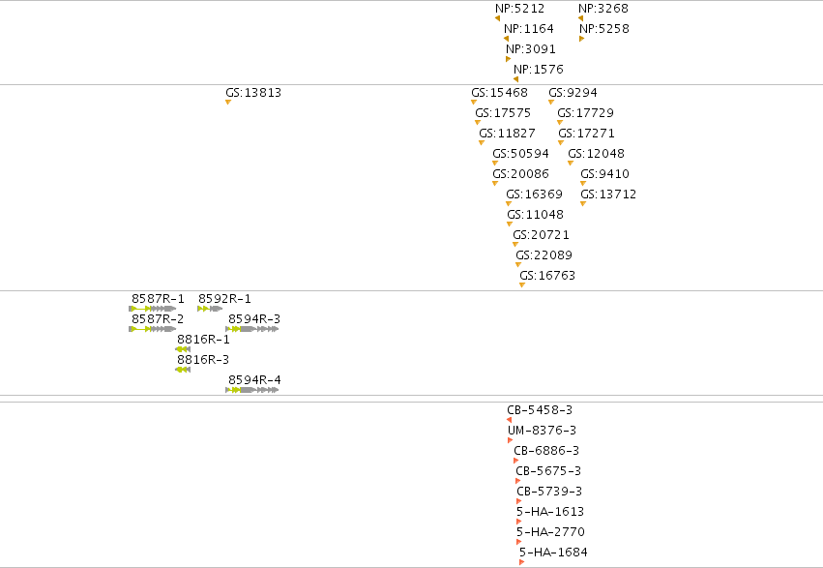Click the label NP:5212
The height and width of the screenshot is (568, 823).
point(519,9)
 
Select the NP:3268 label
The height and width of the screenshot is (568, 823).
point(603,9)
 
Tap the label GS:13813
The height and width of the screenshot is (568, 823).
point(253,93)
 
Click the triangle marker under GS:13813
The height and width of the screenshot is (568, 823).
point(228,103)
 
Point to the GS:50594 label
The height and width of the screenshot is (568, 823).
point(520,154)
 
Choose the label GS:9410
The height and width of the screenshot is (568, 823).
point(604,174)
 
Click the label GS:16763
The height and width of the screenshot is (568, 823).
point(547,276)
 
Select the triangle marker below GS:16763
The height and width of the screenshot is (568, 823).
point(522,285)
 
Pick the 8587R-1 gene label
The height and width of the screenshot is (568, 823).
point(158,299)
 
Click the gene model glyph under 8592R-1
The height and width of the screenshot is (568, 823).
point(210,309)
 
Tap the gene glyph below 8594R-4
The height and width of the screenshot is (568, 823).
point(252,390)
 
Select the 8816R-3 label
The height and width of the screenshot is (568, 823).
point(203,360)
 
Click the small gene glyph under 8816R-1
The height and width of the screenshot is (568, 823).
point(183,349)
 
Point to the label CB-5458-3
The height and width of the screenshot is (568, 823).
point(540,410)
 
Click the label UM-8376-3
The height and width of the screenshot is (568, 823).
point(542,431)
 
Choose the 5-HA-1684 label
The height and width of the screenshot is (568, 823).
point(553,553)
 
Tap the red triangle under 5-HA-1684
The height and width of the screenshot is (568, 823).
point(521,562)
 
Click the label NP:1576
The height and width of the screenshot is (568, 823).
point(539,70)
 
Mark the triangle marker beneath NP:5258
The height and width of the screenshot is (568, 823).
point(581,39)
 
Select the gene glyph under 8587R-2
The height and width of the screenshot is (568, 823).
point(152,329)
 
